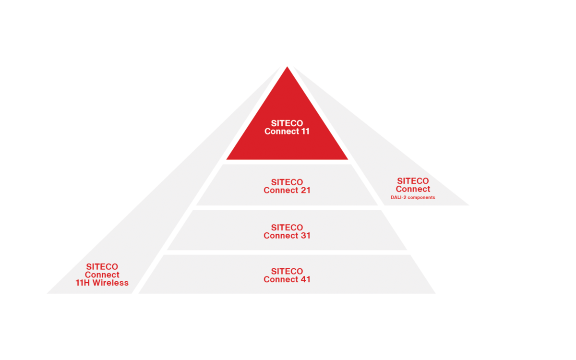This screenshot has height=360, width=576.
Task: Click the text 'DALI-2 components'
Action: pyautogui.click(x=413, y=197)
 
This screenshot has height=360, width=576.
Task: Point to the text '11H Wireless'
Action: pyautogui.click(x=102, y=283)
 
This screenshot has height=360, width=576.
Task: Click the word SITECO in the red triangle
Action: pyautogui.click(x=287, y=123)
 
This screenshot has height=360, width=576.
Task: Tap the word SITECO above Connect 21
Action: pyautogui.click(x=287, y=182)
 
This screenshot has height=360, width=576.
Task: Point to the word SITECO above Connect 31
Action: pyautogui.click(x=287, y=228)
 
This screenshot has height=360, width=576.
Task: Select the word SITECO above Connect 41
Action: pyautogui.click(x=287, y=271)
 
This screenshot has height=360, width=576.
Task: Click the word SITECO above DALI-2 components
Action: pyautogui.click(x=413, y=181)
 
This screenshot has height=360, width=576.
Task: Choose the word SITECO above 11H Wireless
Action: pyautogui.click(x=102, y=267)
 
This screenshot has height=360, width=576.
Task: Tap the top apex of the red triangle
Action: pyautogui.click(x=287, y=68)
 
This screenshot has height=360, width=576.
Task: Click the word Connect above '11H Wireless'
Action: pyautogui.click(x=102, y=275)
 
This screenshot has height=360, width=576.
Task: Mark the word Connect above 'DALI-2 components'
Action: pyautogui.click(x=413, y=189)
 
